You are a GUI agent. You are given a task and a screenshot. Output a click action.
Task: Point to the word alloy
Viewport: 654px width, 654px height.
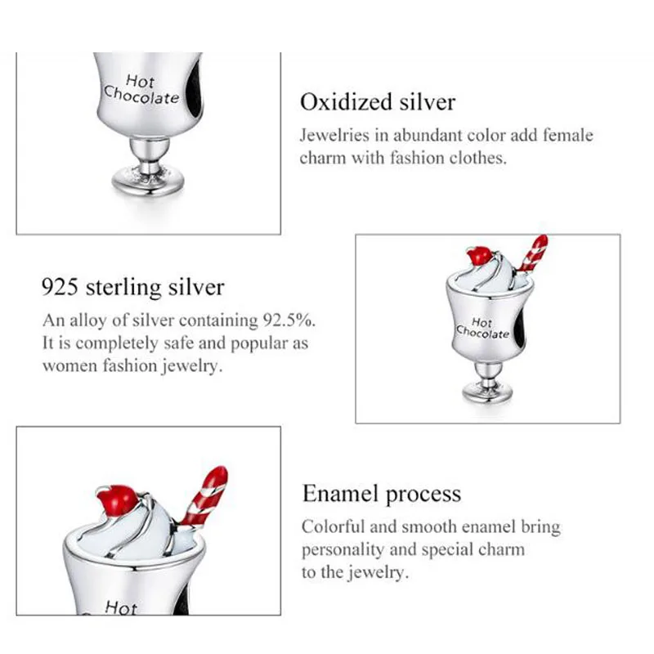click(x=83, y=320)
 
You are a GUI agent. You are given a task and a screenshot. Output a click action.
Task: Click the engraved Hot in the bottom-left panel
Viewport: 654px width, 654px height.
click(x=121, y=607)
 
